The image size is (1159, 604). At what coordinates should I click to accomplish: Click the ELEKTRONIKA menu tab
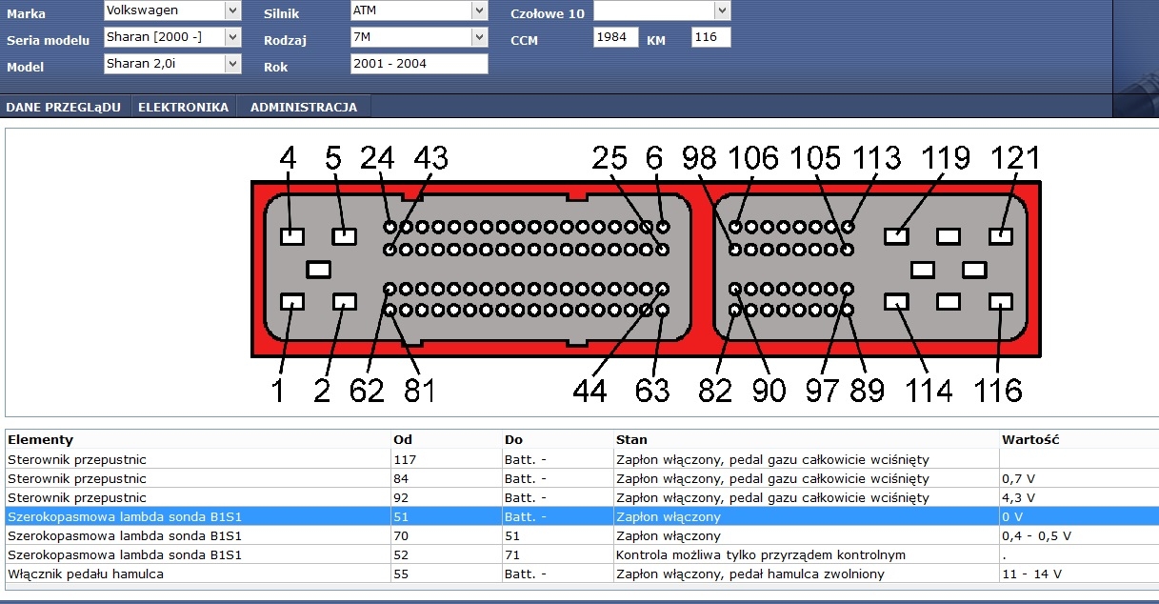point(183,107)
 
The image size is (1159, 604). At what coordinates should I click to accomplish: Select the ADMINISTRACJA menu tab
point(304,107)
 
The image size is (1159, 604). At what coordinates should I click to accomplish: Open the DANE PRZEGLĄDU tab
point(63,107)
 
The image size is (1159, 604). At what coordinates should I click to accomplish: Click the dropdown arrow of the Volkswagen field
point(232,10)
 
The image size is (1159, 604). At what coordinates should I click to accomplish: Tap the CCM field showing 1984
point(615,37)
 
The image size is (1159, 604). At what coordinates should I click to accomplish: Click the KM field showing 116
point(710,37)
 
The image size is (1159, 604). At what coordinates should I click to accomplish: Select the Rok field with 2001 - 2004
point(419,64)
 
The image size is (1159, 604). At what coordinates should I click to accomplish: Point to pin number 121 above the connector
point(1015,157)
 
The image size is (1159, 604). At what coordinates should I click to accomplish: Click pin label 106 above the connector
point(753,157)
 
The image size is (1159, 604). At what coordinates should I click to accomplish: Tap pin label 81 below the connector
point(419,391)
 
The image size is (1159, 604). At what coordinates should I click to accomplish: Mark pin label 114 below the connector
point(929,391)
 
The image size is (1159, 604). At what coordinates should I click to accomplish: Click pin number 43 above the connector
point(431,157)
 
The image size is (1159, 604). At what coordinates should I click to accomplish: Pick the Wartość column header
point(1030,439)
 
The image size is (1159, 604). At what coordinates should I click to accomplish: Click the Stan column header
point(631,439)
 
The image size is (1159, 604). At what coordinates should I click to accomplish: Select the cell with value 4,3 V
point(1018,497)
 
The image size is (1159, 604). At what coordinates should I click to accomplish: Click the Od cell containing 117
point(405,459)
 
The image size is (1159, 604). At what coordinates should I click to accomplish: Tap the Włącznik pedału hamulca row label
point(86,574)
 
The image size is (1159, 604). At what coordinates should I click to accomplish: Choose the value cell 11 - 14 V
point(1031,574)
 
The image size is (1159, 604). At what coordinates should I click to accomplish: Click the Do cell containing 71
point(512,554)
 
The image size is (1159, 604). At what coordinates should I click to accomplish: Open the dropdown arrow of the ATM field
point(479,10)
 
